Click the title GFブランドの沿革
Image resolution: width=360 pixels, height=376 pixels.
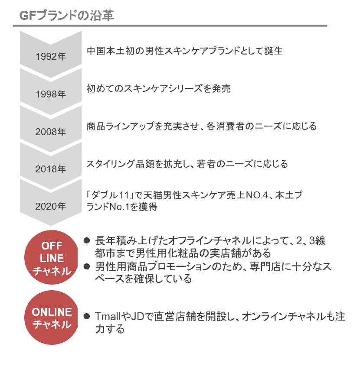(x=66, y=16)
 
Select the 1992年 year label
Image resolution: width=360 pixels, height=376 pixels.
(x=51, y=57)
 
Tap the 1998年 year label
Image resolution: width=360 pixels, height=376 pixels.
(x=51, y=94)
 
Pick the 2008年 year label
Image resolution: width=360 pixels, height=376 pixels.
(x=50, y=132)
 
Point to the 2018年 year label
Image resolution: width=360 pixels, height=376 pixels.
(x=50, y=169)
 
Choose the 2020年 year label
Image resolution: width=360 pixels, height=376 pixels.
(x=50, y=206)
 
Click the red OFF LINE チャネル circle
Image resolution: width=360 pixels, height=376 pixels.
(x=51, y=257)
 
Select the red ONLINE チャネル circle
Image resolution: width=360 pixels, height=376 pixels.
(x=51, y=318)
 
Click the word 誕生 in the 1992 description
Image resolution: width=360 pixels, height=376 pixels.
(x=273, y=51)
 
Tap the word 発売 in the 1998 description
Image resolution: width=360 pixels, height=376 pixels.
(x=222, y=88)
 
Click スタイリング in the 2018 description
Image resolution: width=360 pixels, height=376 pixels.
(x=111, y=164)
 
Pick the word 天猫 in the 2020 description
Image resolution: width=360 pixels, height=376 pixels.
(x=153, y=195)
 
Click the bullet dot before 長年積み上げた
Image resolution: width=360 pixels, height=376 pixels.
(x=87, y=240)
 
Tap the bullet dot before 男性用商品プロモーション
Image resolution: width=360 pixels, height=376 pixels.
(x=87, y=266)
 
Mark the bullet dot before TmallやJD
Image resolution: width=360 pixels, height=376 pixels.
(x=87, y=316)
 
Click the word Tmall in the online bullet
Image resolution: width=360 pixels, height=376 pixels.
(x=108, y=317)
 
